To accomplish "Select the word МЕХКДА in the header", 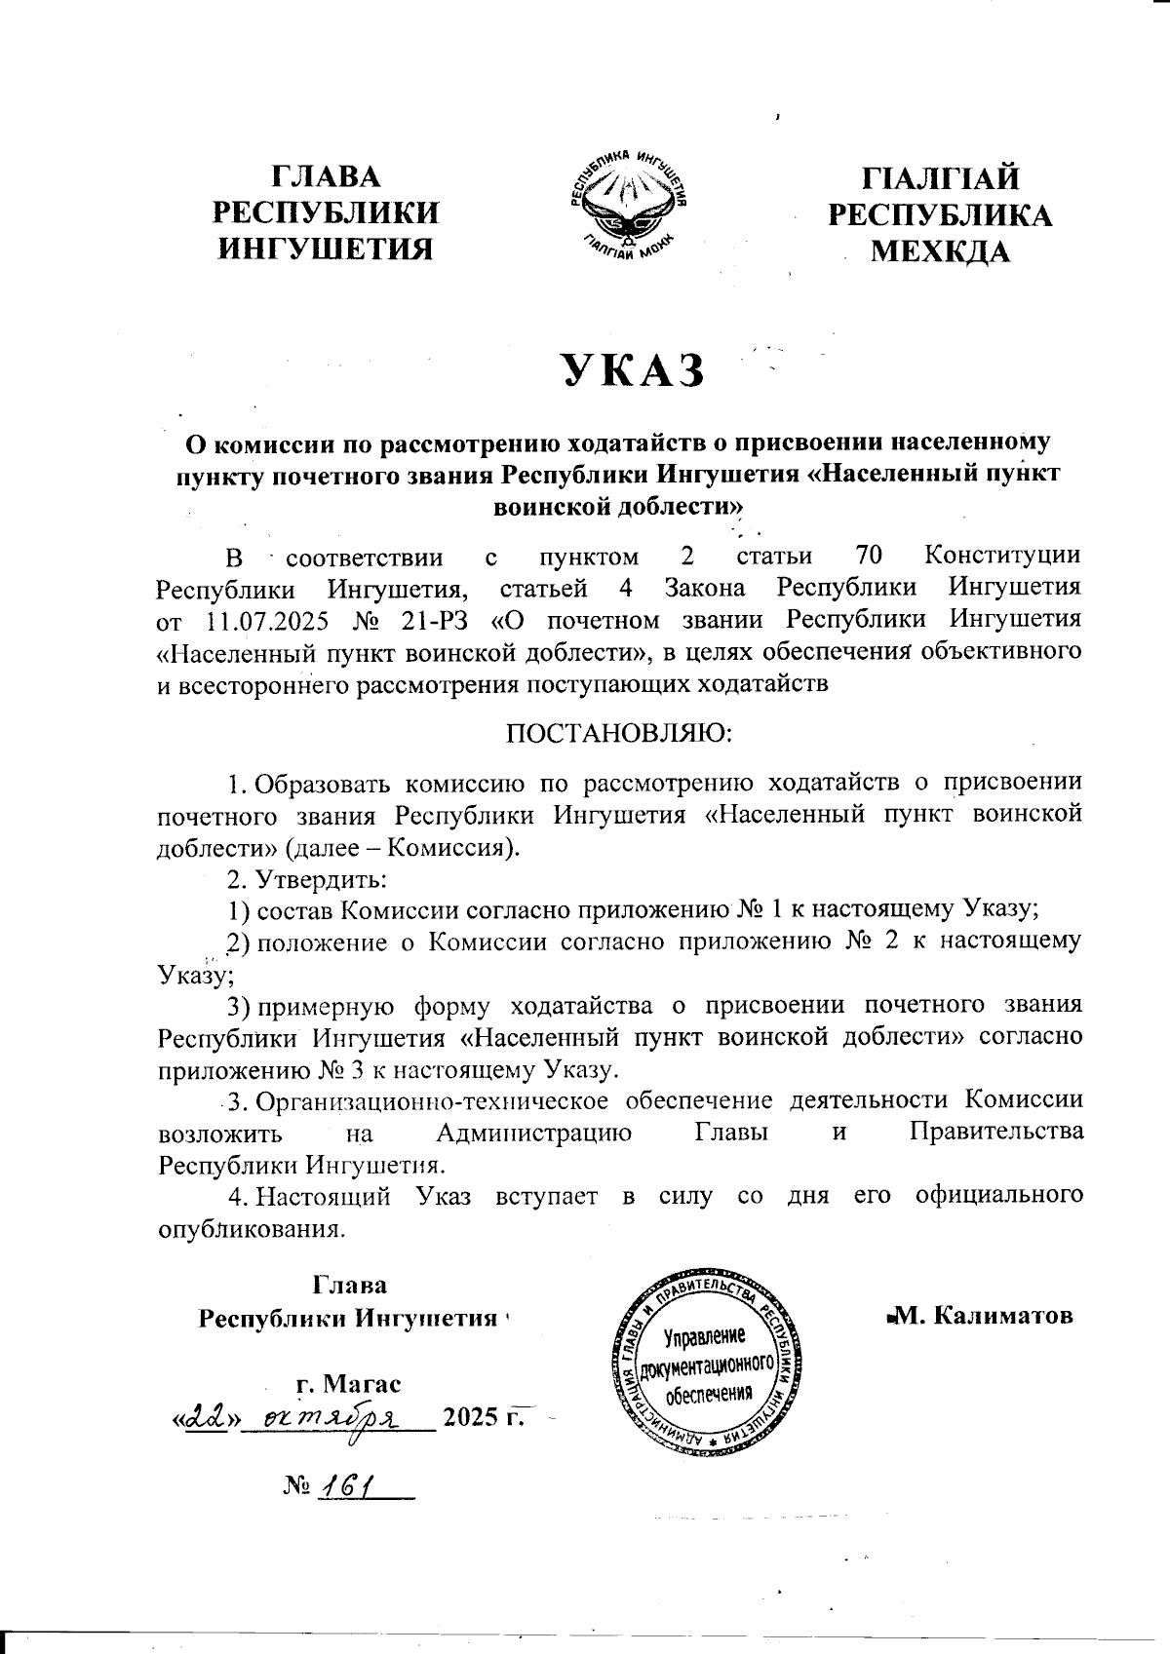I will (940, 252).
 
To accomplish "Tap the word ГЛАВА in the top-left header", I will (326, 178).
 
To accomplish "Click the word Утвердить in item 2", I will (322, 879).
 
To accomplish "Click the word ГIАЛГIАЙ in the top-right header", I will (940, 179).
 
